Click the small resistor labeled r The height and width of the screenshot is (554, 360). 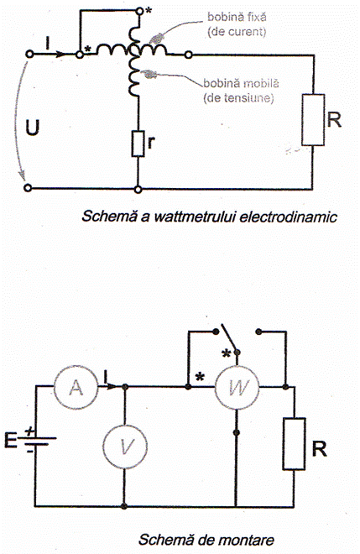138,143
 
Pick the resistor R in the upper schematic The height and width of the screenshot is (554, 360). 313,120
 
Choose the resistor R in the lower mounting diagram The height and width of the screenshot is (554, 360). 294,444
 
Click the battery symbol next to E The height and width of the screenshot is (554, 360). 39,441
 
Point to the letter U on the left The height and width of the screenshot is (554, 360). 32,128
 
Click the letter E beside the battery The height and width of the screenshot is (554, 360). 11,440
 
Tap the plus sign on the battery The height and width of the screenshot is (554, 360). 30,431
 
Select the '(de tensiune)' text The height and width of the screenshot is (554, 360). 238,98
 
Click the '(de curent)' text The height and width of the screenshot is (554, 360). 237,32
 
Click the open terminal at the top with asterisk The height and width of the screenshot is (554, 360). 140,12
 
